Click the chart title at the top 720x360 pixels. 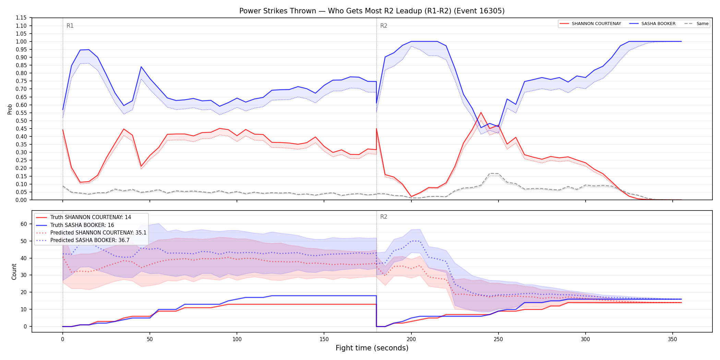(x=372, y=11)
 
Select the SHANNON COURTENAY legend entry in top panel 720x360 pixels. (x=590, y=24)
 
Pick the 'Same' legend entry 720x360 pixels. (x=696, y=24)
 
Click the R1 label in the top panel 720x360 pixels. (x=70, y=26)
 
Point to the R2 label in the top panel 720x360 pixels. (x=384, y=26)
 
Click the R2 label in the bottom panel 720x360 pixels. (x=384, y=217)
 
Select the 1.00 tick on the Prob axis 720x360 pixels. (x=21, y=41)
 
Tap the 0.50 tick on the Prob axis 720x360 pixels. (x=21, y=121)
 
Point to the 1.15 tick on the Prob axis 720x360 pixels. (x=21, y=18)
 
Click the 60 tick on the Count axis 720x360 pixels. (x=24, y=224)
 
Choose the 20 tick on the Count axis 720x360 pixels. (x=24, y=292)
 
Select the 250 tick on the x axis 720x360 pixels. (x=498, y=339)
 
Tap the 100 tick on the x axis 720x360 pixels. (x=237, y=339)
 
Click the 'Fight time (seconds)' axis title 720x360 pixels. (x=372, y=348)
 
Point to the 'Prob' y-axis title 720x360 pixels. (x=10, y=109)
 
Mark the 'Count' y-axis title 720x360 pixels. (x=14, y=272)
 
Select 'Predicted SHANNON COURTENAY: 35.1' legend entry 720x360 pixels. (x=91, y=233)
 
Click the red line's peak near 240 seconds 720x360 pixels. (x=481, y=112)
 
